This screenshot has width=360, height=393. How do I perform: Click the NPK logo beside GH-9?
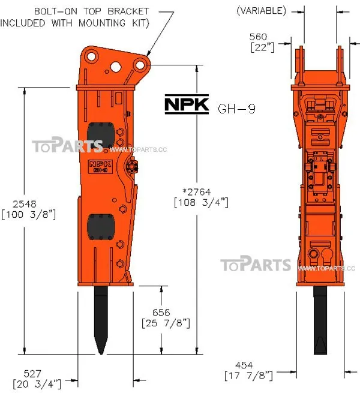point(187,105)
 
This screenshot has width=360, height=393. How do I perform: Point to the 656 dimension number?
point(161,313)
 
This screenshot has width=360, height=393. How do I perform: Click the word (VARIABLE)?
point(261,10)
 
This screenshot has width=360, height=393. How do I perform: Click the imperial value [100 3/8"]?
point(29,214)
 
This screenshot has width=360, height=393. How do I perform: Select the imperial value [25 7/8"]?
point(166,324)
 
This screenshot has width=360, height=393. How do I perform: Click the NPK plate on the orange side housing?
point(98,166)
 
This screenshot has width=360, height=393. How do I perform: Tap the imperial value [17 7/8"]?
point(248,376)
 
